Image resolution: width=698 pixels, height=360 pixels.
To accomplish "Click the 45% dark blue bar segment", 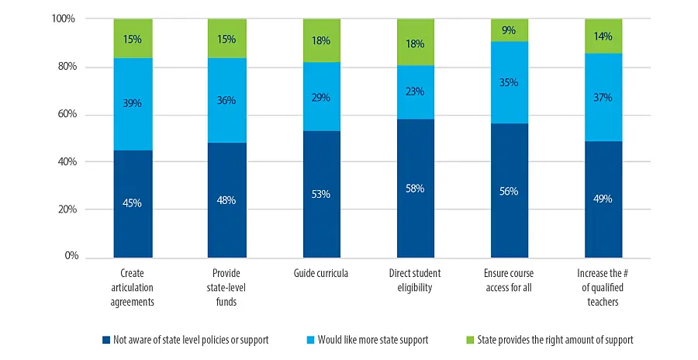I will click(x=133, y=203).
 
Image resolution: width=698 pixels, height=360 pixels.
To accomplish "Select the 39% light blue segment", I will click(x=133, y=104).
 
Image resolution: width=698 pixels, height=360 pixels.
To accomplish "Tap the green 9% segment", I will click(x=510, y=30).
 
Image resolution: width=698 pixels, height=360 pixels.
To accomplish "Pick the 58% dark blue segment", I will click(x=416, y=188).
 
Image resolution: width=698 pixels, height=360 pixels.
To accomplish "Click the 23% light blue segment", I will click(x=416, y=92).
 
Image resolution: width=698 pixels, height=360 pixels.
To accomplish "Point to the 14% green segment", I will click(x=603, y=36).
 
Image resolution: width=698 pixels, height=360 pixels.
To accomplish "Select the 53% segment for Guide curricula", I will click(x=321, y=194).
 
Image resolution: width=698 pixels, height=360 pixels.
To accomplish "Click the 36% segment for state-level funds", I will click(x=226, y=100).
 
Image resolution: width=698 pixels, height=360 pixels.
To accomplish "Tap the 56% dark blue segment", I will click(x=510, y=191).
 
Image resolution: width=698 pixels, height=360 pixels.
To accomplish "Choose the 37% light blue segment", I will click(x=603, y=98).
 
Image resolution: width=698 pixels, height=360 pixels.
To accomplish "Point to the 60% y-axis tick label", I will click(x=64, y=114).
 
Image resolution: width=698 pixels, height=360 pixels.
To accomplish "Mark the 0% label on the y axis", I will click(x=67, y=256).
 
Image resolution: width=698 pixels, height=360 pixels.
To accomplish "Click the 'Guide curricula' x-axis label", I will click(x=321, y=274).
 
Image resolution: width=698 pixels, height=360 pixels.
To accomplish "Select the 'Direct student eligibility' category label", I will click(x=416, y=281).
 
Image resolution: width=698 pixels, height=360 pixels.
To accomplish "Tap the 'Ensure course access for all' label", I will click(x=510, y=281).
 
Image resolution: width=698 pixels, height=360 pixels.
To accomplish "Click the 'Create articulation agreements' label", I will click(x=133, y=288).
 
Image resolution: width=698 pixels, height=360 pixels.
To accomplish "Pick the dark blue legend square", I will click(x=105, y=340).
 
